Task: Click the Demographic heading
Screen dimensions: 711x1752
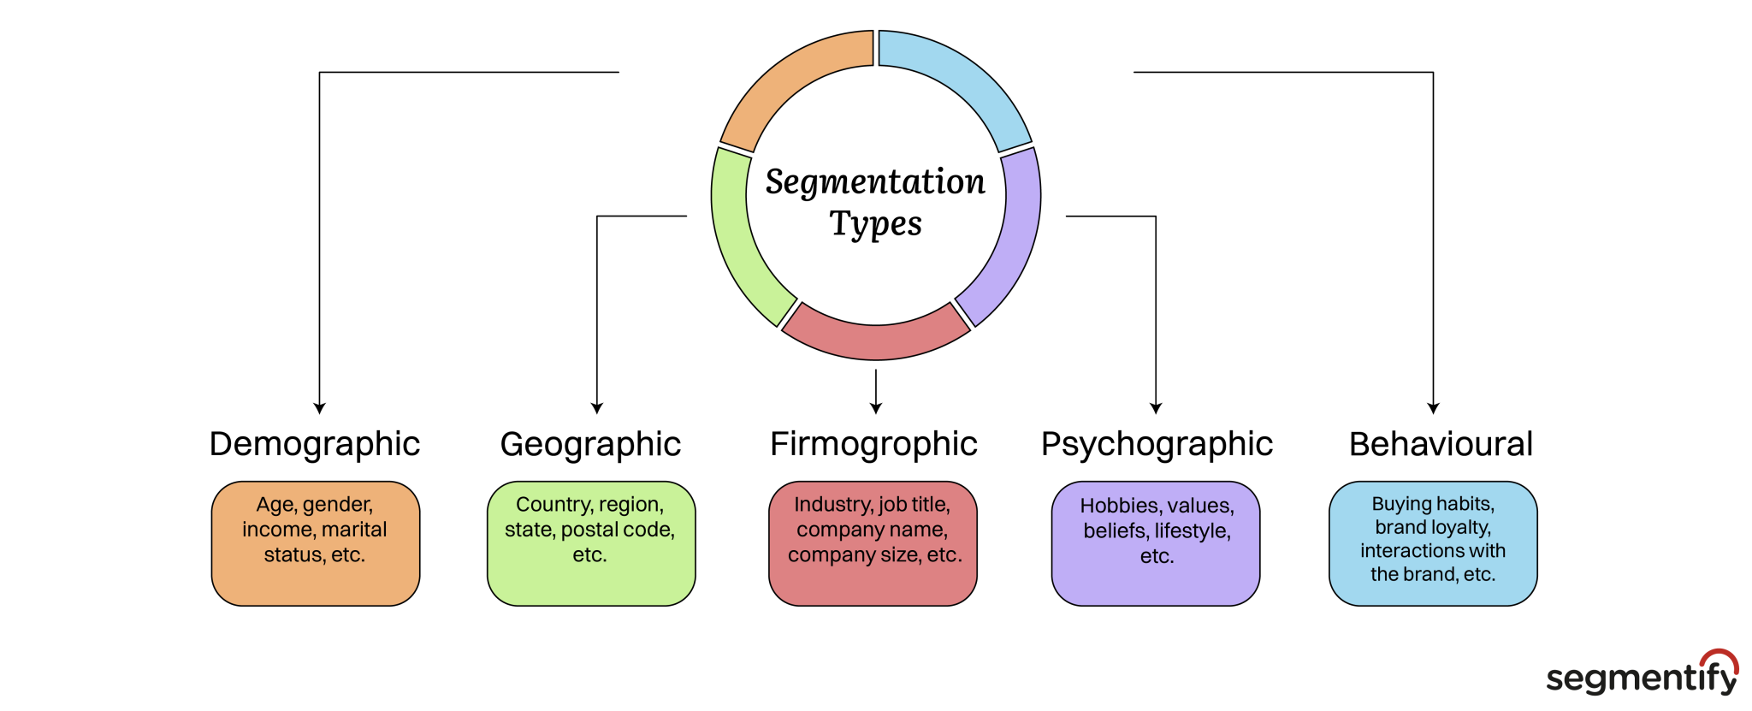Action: tap(314, 445)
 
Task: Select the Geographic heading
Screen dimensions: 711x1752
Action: tap(590, 445)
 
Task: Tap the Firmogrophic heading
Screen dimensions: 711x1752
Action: tap(873, 445)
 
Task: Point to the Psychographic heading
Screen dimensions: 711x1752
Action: tap(1157, 445)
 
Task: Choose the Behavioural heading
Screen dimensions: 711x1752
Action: tap(1441, 445)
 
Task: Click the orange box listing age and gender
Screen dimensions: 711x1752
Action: tap(316, 543)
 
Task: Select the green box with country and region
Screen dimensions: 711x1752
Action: tap(591, 543)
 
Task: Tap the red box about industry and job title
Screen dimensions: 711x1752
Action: tap(873, 543)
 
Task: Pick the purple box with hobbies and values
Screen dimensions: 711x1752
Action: tap(1156, 543)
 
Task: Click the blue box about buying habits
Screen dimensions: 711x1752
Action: tap(1433, 543)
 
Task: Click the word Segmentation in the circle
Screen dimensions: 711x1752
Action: tap(875, 182)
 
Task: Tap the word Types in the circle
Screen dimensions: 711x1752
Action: tap(875, 224)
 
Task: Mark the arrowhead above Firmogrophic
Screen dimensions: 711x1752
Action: tap(876, 408)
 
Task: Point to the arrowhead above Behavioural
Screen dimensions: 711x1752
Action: tap(1433, 408)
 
